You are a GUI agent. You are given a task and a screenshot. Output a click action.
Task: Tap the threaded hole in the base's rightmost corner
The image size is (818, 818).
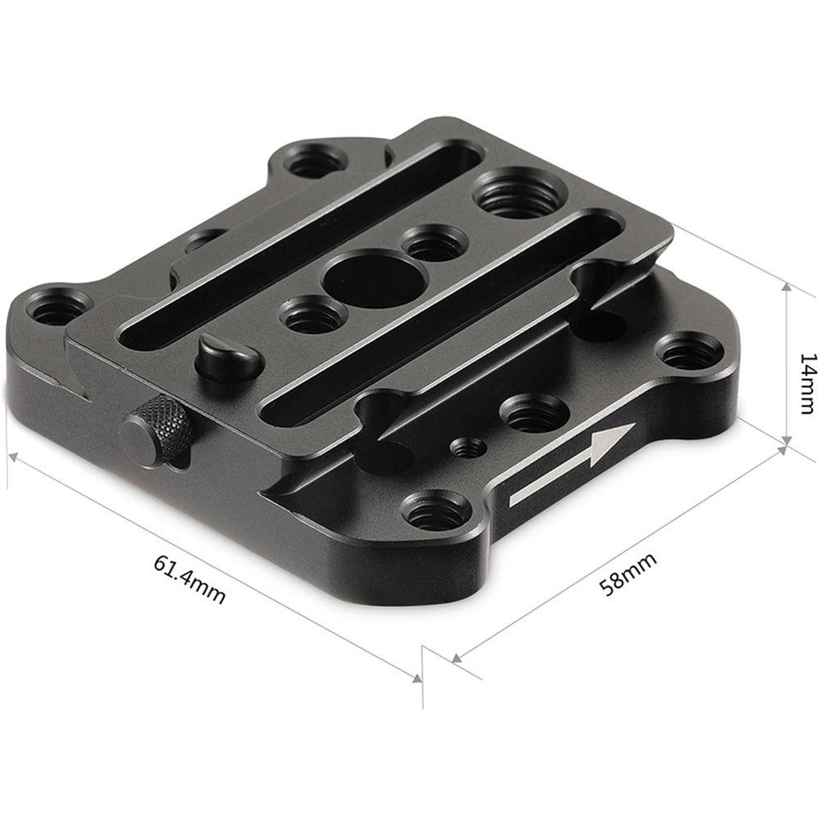[689, 355]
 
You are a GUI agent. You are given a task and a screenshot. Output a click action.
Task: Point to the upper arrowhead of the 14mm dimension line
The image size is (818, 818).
[786, 288]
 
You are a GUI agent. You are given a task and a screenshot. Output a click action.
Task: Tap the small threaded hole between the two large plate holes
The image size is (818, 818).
[435, 243]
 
